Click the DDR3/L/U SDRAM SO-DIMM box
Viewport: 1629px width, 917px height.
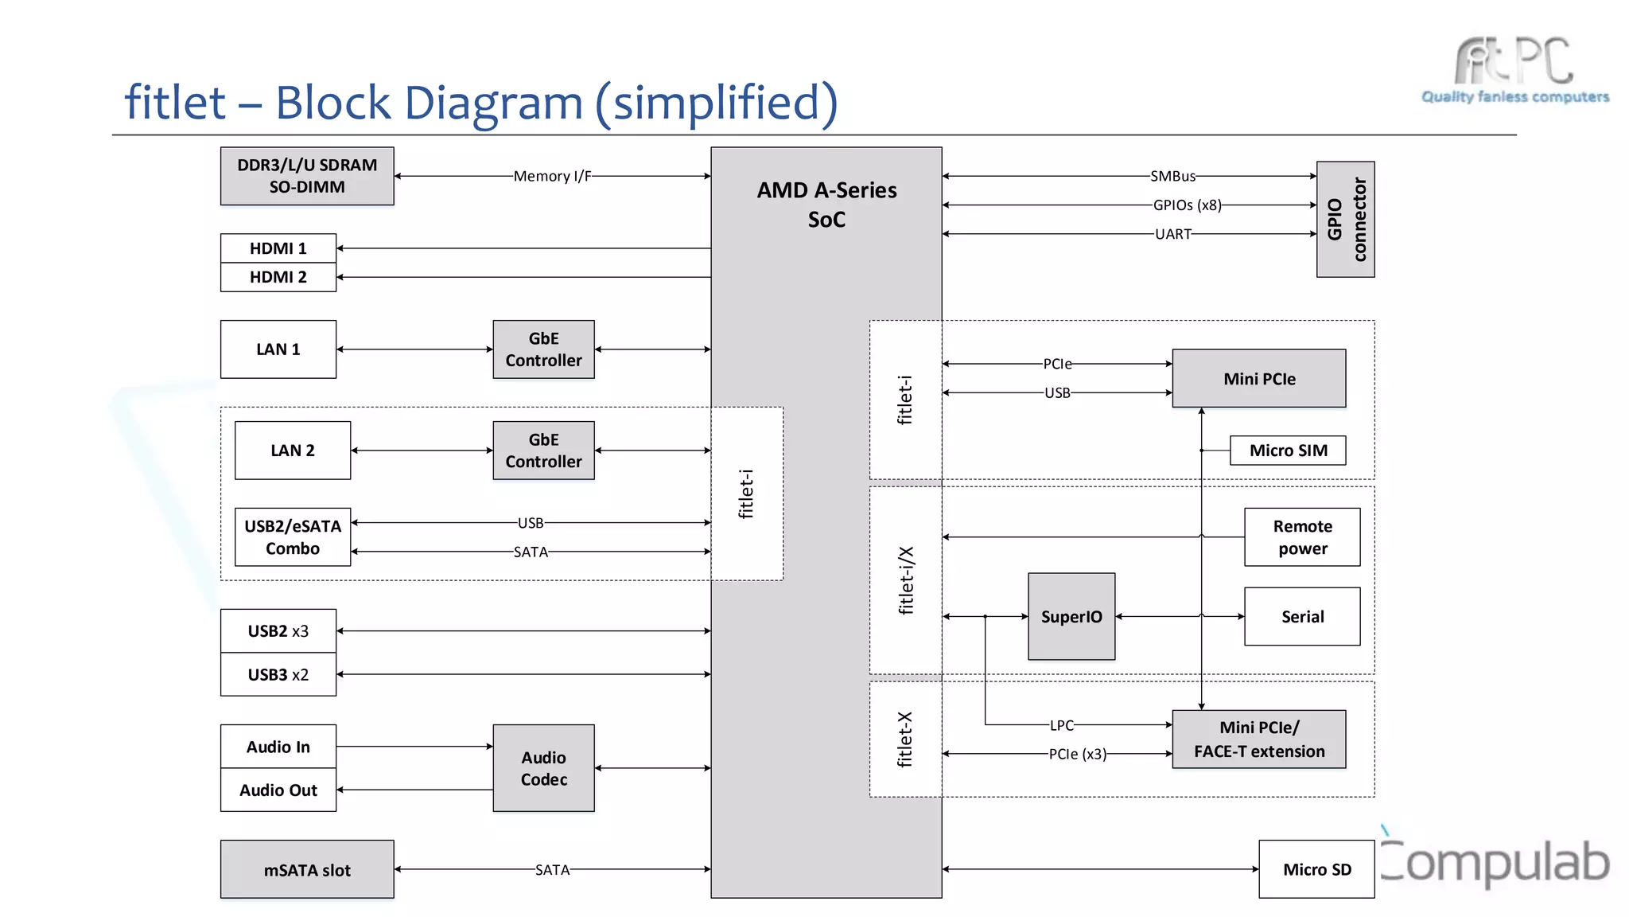[307, 176]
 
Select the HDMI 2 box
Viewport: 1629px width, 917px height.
[278, 277]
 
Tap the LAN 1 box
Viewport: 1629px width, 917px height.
[278, 349]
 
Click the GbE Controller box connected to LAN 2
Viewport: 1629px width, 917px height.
[543, 451]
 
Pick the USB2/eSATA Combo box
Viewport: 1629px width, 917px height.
[293, 537]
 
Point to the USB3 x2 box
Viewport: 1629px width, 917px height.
[278, 674]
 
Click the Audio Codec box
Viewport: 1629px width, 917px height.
[543, 768]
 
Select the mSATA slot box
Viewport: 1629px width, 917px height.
[307, 870]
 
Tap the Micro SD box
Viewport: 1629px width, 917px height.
[1316, 869]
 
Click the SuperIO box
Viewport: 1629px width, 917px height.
[1071, 617]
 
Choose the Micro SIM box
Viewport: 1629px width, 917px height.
[1288, 451]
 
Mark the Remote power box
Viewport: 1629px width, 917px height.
[1302, 537]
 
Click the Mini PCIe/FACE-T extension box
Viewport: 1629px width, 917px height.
[1259, 739]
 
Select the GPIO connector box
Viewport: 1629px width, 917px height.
[1345, 220]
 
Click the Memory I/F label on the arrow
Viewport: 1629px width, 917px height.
[552, 176]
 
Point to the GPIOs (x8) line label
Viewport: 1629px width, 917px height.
[1187, 205]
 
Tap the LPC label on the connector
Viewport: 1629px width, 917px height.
[1061, 725]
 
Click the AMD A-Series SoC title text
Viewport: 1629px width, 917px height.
[826, 205]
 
